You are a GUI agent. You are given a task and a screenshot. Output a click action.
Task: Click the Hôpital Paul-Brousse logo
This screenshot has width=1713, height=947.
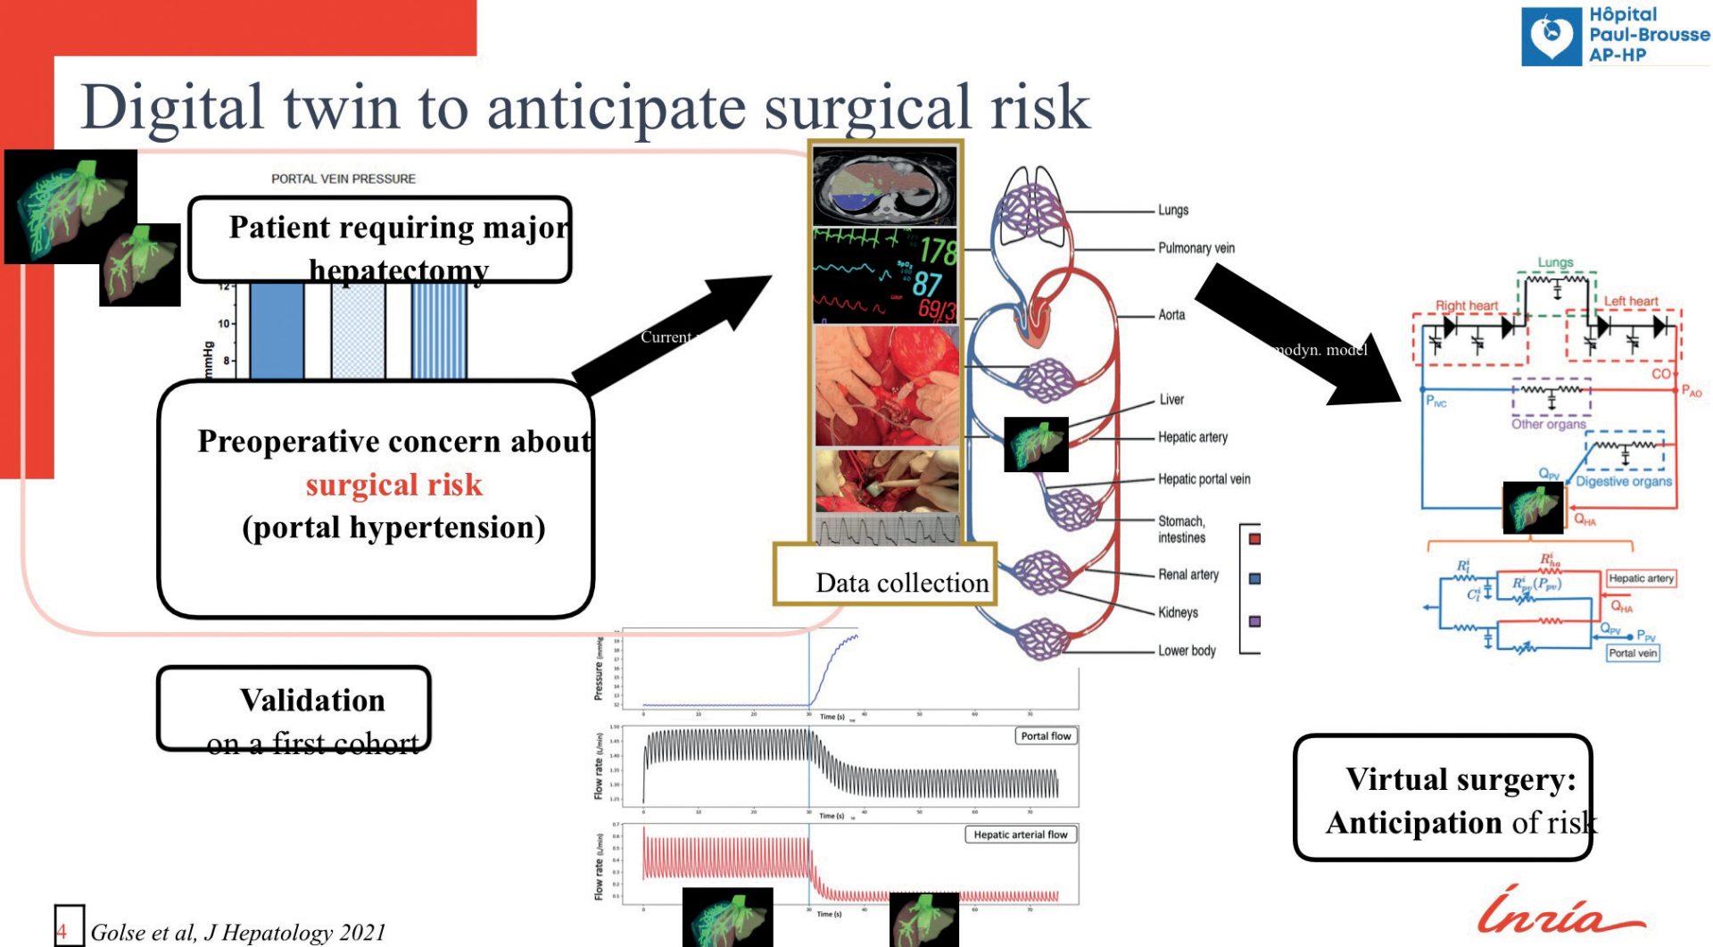point(1615,36)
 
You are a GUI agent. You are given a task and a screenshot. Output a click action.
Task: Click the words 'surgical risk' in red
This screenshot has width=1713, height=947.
point(393,485)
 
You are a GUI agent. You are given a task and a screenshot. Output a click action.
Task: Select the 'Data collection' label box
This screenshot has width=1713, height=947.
point(901,583)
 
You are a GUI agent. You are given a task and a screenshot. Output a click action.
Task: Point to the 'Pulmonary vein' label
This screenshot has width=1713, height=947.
point(1196,248)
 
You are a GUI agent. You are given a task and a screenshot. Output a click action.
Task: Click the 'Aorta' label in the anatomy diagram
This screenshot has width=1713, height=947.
point(1171,315)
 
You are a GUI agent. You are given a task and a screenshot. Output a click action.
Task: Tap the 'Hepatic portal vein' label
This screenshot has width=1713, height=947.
point(1204,479)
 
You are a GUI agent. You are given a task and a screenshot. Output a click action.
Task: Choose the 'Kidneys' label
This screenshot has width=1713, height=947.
point(1178,612)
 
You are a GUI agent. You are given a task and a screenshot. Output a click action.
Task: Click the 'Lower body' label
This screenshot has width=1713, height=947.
point(1187,651)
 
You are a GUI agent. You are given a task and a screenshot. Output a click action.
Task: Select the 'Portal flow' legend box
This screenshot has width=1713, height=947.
point(1046,736)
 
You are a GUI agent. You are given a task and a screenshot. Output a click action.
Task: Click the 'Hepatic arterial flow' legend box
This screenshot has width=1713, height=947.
point(1020,835)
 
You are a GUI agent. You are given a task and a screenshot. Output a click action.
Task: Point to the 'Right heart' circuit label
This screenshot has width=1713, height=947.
point(1466,305)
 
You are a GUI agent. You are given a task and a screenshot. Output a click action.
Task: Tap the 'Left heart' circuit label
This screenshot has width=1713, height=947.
point(1631,302)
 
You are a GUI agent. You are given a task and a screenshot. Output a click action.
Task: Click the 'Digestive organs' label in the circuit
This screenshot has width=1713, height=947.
point(1623,481)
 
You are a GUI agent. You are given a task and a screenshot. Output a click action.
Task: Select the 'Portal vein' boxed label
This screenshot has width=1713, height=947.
point(1633,653)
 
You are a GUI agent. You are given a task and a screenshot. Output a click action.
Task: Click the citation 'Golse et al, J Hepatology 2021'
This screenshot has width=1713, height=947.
point(238,933)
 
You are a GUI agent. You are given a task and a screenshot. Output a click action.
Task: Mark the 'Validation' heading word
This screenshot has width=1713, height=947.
point(312,701)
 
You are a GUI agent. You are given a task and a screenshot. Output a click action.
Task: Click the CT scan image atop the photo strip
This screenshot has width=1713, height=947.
point(885,187)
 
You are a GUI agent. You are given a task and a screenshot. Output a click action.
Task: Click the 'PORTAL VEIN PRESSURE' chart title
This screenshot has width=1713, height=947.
point(343,179)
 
